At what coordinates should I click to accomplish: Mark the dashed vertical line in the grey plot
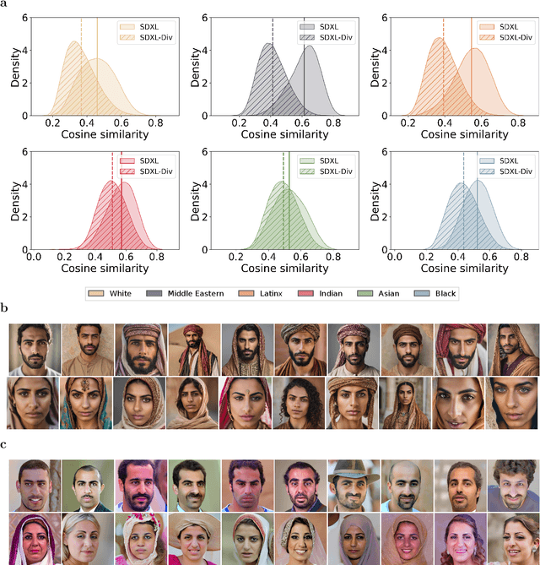(x=273, y=76)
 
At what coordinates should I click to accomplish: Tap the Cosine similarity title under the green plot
(x=271, y=268)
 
